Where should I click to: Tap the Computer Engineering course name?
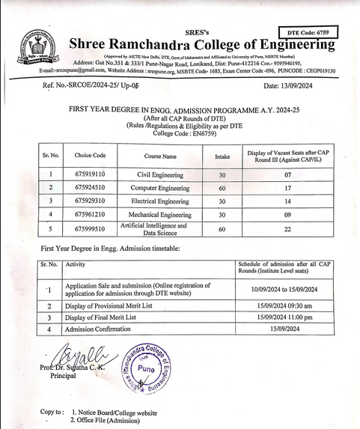coord(160,188)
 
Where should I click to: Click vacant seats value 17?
coord(287,188)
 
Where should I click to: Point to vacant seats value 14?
coord(287,201)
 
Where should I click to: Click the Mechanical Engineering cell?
coord(160,215)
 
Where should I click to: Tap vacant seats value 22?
coord(287,228)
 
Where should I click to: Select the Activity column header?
coord(76,264)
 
